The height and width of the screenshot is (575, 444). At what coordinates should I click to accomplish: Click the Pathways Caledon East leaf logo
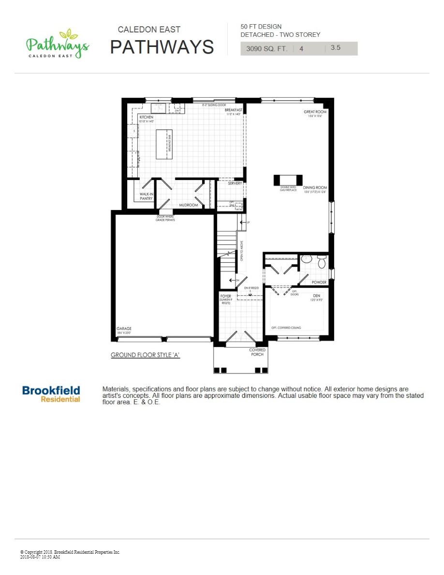[x=57, y=44]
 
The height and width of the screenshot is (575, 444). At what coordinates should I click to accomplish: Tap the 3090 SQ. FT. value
[x=266, y=48]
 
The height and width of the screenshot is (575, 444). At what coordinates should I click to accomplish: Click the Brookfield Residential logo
[x=51, y=394]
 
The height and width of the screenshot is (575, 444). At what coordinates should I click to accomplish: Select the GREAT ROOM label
[x=315, y=112]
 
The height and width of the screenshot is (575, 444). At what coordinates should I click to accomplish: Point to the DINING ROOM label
[x=315, y=188]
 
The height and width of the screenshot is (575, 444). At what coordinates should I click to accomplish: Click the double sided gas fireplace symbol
[x=288, y=180]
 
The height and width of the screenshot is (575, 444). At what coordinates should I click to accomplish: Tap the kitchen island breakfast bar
[x=164, y=144]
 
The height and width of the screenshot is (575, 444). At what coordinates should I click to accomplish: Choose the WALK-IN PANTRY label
[x=146, y=196]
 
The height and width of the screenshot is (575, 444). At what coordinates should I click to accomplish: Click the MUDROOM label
[x=189, y=205]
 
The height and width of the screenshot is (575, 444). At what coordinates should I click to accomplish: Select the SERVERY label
[x=235, y=183]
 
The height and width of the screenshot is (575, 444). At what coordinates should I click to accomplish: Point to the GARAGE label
[x=124, y=329]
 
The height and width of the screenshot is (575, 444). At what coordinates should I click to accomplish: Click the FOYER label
[x=226, y=296]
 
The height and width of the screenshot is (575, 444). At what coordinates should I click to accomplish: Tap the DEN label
[x=316, y=295]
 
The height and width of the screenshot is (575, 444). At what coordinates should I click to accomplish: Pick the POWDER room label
[x=319, y=282]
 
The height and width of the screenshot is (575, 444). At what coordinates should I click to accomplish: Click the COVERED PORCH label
[x=257, y=352]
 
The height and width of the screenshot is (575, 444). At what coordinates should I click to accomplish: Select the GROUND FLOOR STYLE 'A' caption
[x=145, y=355]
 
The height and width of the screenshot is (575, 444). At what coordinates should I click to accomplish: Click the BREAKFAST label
[x=233, y=110]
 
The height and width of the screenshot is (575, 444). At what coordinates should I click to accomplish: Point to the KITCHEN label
[x=147, y=117]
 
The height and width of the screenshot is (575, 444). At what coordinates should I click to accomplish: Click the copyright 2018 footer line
[x=70, y=552]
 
